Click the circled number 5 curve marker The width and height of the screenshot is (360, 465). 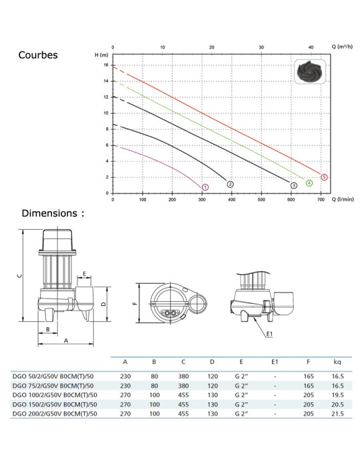tap(324, 177)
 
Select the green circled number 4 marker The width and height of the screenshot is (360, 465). tap(309, 183)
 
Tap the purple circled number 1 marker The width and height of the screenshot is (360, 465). tap(205, 187)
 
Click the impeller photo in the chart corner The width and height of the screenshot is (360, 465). tap(310, 71)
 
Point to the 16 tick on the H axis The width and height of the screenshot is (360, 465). tap(106, 65)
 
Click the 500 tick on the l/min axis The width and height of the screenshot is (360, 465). tap(261, 200)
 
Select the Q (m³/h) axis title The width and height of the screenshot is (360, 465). tap(342, 47)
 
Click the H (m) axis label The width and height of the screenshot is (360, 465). tap(101, 55)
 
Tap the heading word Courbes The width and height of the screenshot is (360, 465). tap(38, 55)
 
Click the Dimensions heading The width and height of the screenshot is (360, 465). tap(53, 213)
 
